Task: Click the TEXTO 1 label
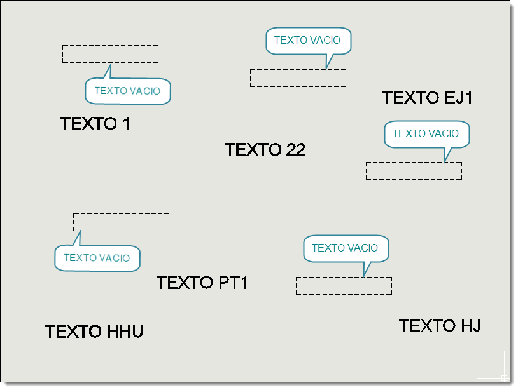pyautogui.click(x=95, y=124)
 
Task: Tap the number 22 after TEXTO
pyautogui.click(x=296, y=149)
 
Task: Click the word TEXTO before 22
pyautogui.click(x=253, y=149)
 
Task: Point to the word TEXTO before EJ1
pyautogui.click(x=410, y=97)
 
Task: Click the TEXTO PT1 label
pyautogui.click(x=202, y=283)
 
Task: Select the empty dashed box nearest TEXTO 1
pyautogui.click(x=110, y=54)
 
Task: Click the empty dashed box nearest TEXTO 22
pyautogui.click(x=298, y=78)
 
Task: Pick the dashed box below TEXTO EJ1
pyautogui.click(x=414, y=171)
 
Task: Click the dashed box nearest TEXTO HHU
pyautogui.click(x=122, y=222)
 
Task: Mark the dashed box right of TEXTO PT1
pyautogui.click(x=344, y=286)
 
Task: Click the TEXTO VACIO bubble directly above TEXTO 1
pyautogui.click(x=128, y=91)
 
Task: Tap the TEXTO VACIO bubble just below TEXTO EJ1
pyautogui.click(x=427, y=134)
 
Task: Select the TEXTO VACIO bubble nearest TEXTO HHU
pyautogui.click(x=97, y=258)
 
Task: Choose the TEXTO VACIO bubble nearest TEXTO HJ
pyautogui.click(x=346, y=248)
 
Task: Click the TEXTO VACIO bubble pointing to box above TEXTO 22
pyautogui.click(x=309, y=41)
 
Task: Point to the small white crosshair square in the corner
pyautogui.click(x=504, y=378)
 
